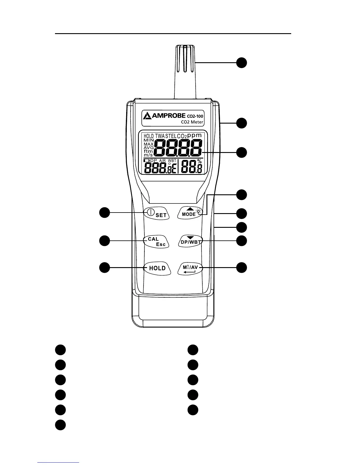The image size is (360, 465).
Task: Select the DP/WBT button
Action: [x=191, y=241]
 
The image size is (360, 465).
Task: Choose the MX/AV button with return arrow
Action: [x=190, y=269]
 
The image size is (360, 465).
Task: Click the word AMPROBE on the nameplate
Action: [x=169, y=116]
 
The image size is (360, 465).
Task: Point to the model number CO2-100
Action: [x=195, y=116]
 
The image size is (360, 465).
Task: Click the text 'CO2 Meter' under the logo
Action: [x=192, y=122]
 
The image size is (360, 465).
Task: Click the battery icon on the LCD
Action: [x=146, y=161]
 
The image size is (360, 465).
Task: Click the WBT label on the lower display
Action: [x=172, y=161]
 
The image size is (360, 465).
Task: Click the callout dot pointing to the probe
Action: [x=242, y=63]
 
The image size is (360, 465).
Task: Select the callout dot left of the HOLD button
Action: [x=104, y=268]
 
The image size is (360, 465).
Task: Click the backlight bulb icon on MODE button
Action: [x=199, y=211]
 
